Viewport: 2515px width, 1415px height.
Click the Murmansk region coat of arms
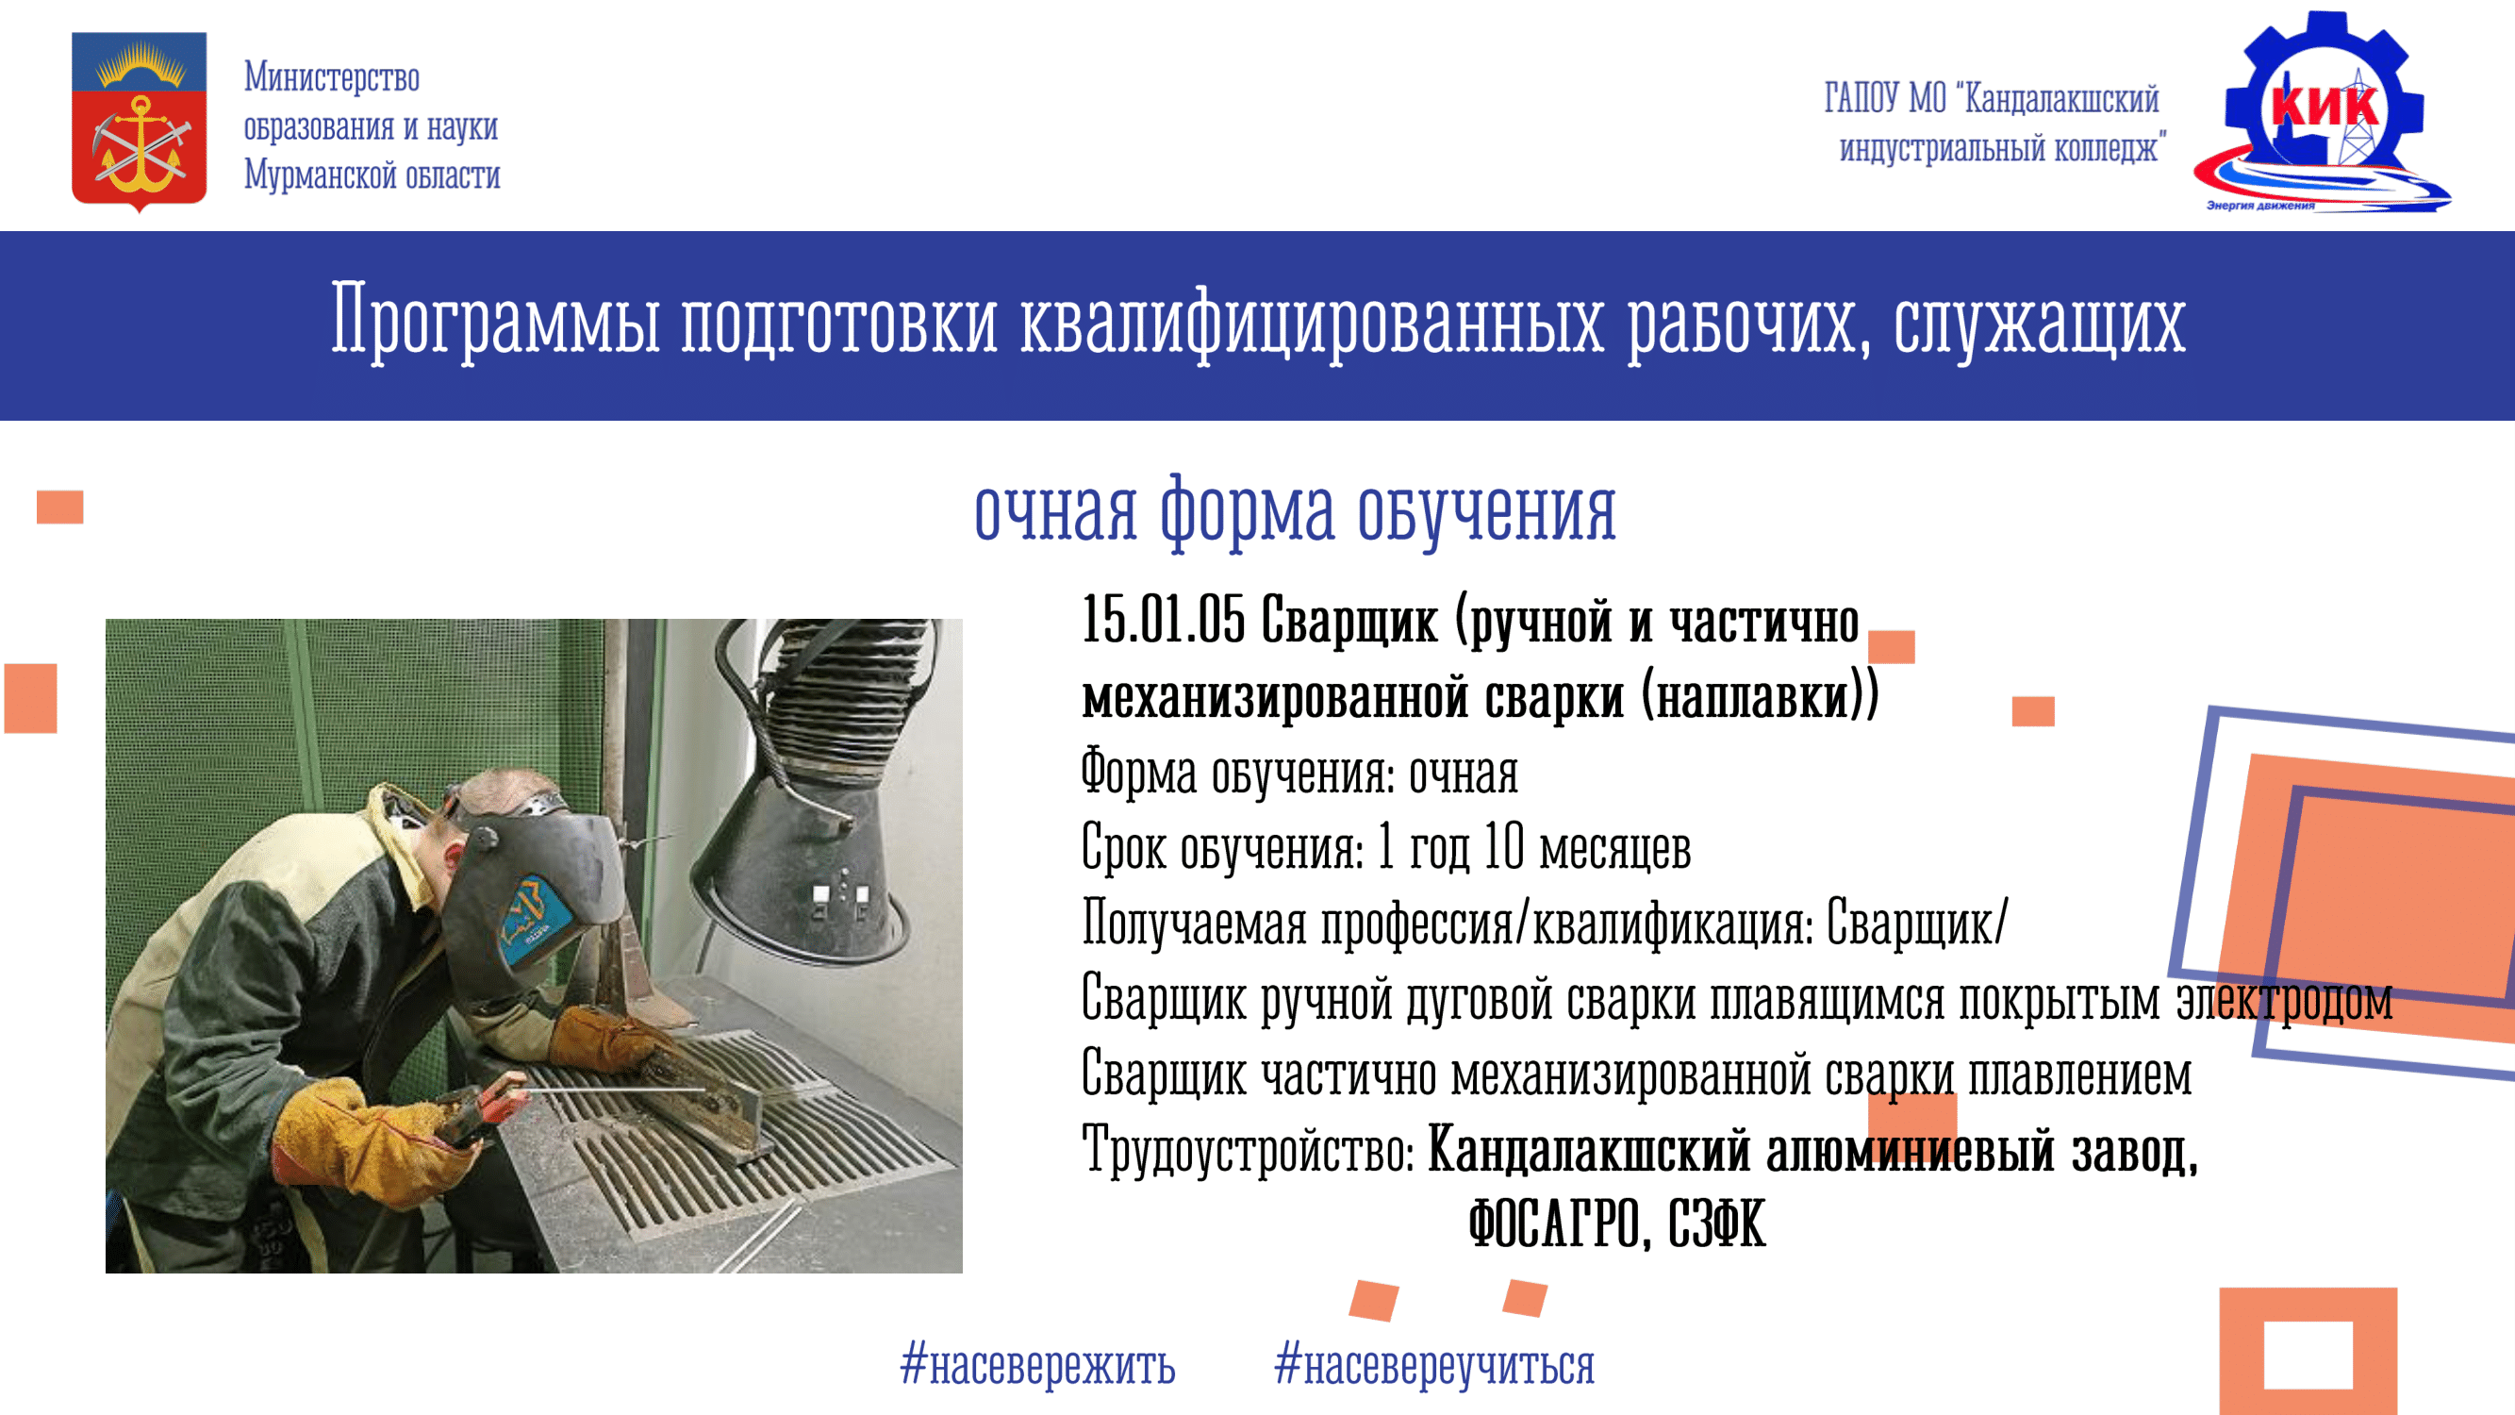tap(139, 121)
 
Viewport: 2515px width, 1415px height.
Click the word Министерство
tap(332, 77)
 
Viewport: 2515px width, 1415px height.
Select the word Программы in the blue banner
tap(496, 322)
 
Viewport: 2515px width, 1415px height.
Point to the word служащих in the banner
tap(2039, 322)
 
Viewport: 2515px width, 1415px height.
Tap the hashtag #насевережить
tap(1038, 1364)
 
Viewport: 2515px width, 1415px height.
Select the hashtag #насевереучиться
tap(1434, 1364)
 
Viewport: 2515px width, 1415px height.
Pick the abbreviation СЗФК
tap(1717, 1223)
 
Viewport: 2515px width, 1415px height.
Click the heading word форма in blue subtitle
tap(1247, 511)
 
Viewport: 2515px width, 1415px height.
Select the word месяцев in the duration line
tap(1614, 847)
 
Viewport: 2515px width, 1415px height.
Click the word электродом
tap(2285, 1000)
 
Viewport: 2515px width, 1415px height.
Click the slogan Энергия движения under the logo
tap(2260, 205)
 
